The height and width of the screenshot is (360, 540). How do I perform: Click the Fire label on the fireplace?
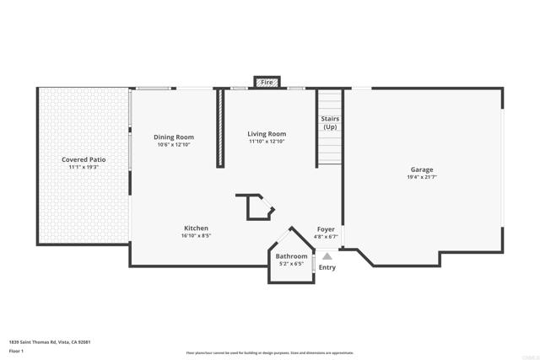tap(267, 83)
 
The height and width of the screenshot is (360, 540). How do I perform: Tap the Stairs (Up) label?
tap(330, 123)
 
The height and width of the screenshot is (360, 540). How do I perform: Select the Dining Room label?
tap(174, 137)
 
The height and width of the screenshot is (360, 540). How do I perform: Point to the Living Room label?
tap(267, 134)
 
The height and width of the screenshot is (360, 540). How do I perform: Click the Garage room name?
tap(422, 169)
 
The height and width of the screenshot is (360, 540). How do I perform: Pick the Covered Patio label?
tap(84, 159)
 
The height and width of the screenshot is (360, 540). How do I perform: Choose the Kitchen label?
tap(197, 228)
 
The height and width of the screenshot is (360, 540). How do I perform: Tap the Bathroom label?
tap(292, 256)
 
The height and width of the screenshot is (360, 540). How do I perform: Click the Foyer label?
tap(326, 229)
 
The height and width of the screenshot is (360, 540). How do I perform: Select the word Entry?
tap(327, 268)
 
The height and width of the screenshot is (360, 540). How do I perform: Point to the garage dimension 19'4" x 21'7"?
tap(422, 178)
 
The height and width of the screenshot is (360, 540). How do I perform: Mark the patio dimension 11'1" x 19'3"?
tap(84, 167)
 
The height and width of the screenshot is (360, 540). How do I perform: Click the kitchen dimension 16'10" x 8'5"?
tap(197, 237)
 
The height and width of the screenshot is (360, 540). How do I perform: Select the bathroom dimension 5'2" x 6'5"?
tap(292, 264)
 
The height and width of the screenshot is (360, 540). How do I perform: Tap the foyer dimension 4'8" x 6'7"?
tap(326, 237)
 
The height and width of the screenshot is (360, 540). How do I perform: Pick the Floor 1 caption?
tap(16, 350)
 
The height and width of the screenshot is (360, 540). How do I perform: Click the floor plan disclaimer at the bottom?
tap(269, 353)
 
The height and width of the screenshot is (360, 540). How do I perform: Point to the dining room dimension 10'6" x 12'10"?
tap(174, 145)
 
